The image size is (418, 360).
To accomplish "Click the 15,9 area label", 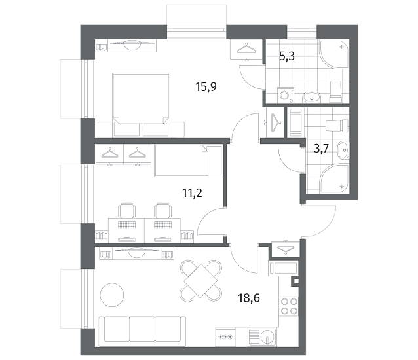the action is [x=206, y=87].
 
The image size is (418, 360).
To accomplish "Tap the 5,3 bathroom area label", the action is [x=287, y=56].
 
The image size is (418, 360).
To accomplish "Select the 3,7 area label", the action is [x=322, y=149].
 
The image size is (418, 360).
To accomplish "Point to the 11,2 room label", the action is [x=192, y=192].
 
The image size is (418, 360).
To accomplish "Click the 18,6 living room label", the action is [x=249, y=298].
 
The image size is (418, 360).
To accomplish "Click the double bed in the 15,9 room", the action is [x=141, y=105].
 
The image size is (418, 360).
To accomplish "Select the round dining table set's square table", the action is [x=201, y=281].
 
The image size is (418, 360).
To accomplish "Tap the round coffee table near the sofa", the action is [x=112, y=295].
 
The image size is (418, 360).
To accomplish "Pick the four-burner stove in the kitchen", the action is [x=289, y=306].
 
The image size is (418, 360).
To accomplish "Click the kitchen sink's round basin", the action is [x=268, y=336].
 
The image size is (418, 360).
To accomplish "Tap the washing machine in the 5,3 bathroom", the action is [x=285, y=96].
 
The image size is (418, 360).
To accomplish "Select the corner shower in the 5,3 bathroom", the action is [x=334, y=54].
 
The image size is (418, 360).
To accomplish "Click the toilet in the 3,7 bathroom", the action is [x=337, y=126].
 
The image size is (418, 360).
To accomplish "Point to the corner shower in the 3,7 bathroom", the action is [x=335, y=177].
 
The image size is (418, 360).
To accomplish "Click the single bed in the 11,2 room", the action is [x=188, y=160].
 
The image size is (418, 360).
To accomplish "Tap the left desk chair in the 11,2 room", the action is [x=126, y=211].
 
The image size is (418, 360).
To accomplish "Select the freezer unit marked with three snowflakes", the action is [x=225, y=337].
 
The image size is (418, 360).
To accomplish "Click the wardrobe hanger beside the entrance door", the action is [x=286, y=250].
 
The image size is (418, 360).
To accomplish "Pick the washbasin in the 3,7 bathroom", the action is [x=343, y=150].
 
